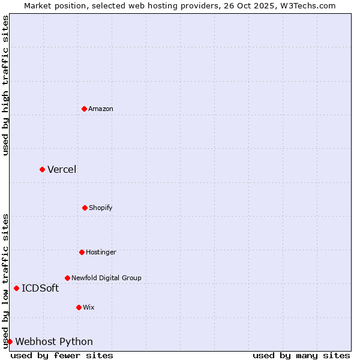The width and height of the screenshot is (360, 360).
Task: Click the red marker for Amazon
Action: (x=84, y=109)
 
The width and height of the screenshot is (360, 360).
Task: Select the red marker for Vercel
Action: (x=42, y=169)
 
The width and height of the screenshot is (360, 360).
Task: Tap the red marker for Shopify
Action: (x=85, y=208)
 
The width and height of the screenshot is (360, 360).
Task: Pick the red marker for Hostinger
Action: (x=82, y=252)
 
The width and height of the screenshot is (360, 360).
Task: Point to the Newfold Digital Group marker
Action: (x=67, y=278)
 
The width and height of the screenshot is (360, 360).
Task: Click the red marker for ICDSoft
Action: (x=16, y=288)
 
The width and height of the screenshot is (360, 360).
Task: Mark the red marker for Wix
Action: (x=79, y=307)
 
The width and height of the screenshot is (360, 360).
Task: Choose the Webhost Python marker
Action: (x=10, y=341)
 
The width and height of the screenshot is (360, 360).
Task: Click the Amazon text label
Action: (x=101, y=109)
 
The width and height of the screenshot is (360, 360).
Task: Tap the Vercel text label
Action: (x=62, y=169)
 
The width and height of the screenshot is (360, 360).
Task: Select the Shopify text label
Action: (x=101, y=208)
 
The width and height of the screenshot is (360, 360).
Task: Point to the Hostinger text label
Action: (x=101, y=252)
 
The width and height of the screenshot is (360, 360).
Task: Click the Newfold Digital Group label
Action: (x=106, y=278)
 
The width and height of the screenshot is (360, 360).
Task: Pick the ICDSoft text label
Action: (x=40, y=288)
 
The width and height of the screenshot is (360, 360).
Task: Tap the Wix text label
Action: (x=89, y=307)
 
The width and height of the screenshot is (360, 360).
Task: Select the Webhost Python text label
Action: (x=54, y=341)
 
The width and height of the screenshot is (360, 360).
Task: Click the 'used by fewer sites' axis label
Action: (x=62, y=355)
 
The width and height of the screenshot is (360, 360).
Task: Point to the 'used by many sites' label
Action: (x=301, y=355)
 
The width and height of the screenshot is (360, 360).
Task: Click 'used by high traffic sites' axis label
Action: (x=5, y=85)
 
